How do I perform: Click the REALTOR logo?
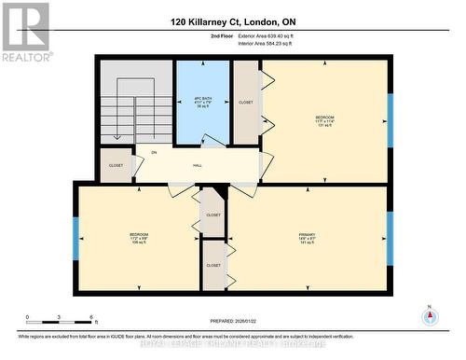click(24, 32)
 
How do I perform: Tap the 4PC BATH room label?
click(203, 100)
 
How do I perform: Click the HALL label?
click(198, 165)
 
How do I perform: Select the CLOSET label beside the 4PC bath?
click(246, 103)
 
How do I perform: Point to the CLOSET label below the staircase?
click(116, 165)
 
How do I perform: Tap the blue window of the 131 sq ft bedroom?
click(391, 120)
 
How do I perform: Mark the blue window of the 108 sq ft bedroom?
click(75, 238)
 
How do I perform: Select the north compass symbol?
click(430, 316)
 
